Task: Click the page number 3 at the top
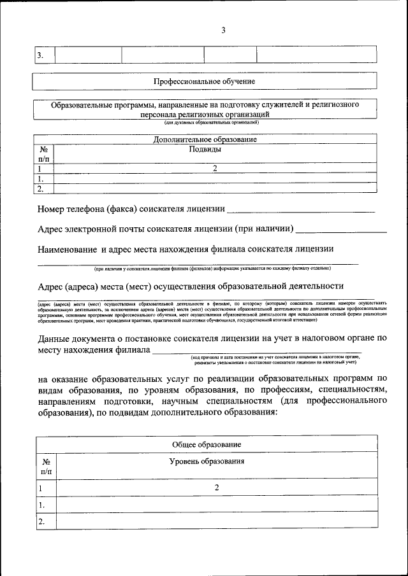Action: [x=223, y=30]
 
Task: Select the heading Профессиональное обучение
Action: [x=204, y=81]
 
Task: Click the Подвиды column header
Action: [x=205, y=150]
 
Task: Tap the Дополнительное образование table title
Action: [x=205, y=139]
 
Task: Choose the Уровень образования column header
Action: [x=207, y=461]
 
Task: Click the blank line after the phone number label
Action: [x=300, y=209]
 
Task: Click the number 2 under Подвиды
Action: [x=215, y=169]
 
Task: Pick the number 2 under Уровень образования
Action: [x=217, y=488]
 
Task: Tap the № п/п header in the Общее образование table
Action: [x=47, y=467]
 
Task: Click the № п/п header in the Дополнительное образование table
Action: [x=43, y=154]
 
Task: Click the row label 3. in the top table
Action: [x=40, y=55]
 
